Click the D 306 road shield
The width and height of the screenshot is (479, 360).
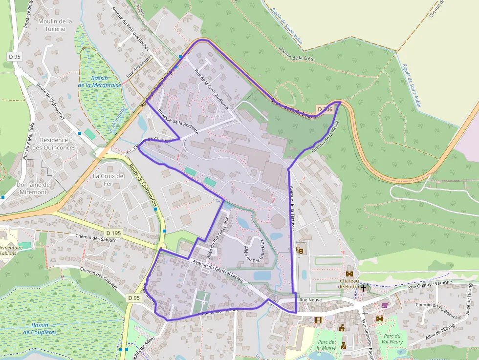point(324,109)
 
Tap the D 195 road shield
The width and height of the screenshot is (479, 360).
point(113,233)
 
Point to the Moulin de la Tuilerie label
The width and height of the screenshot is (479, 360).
point(55,25)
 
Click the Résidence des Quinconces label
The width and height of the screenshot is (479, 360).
point(58,144)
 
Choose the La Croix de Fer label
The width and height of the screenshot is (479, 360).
point(109,180)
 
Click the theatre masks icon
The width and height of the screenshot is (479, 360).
point(300,250)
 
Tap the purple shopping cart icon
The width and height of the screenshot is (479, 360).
point(385,305)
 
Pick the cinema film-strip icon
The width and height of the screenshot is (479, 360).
point(319,320)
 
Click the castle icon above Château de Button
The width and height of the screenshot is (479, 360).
point(349,274)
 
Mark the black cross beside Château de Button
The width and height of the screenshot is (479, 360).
point(363,287)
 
